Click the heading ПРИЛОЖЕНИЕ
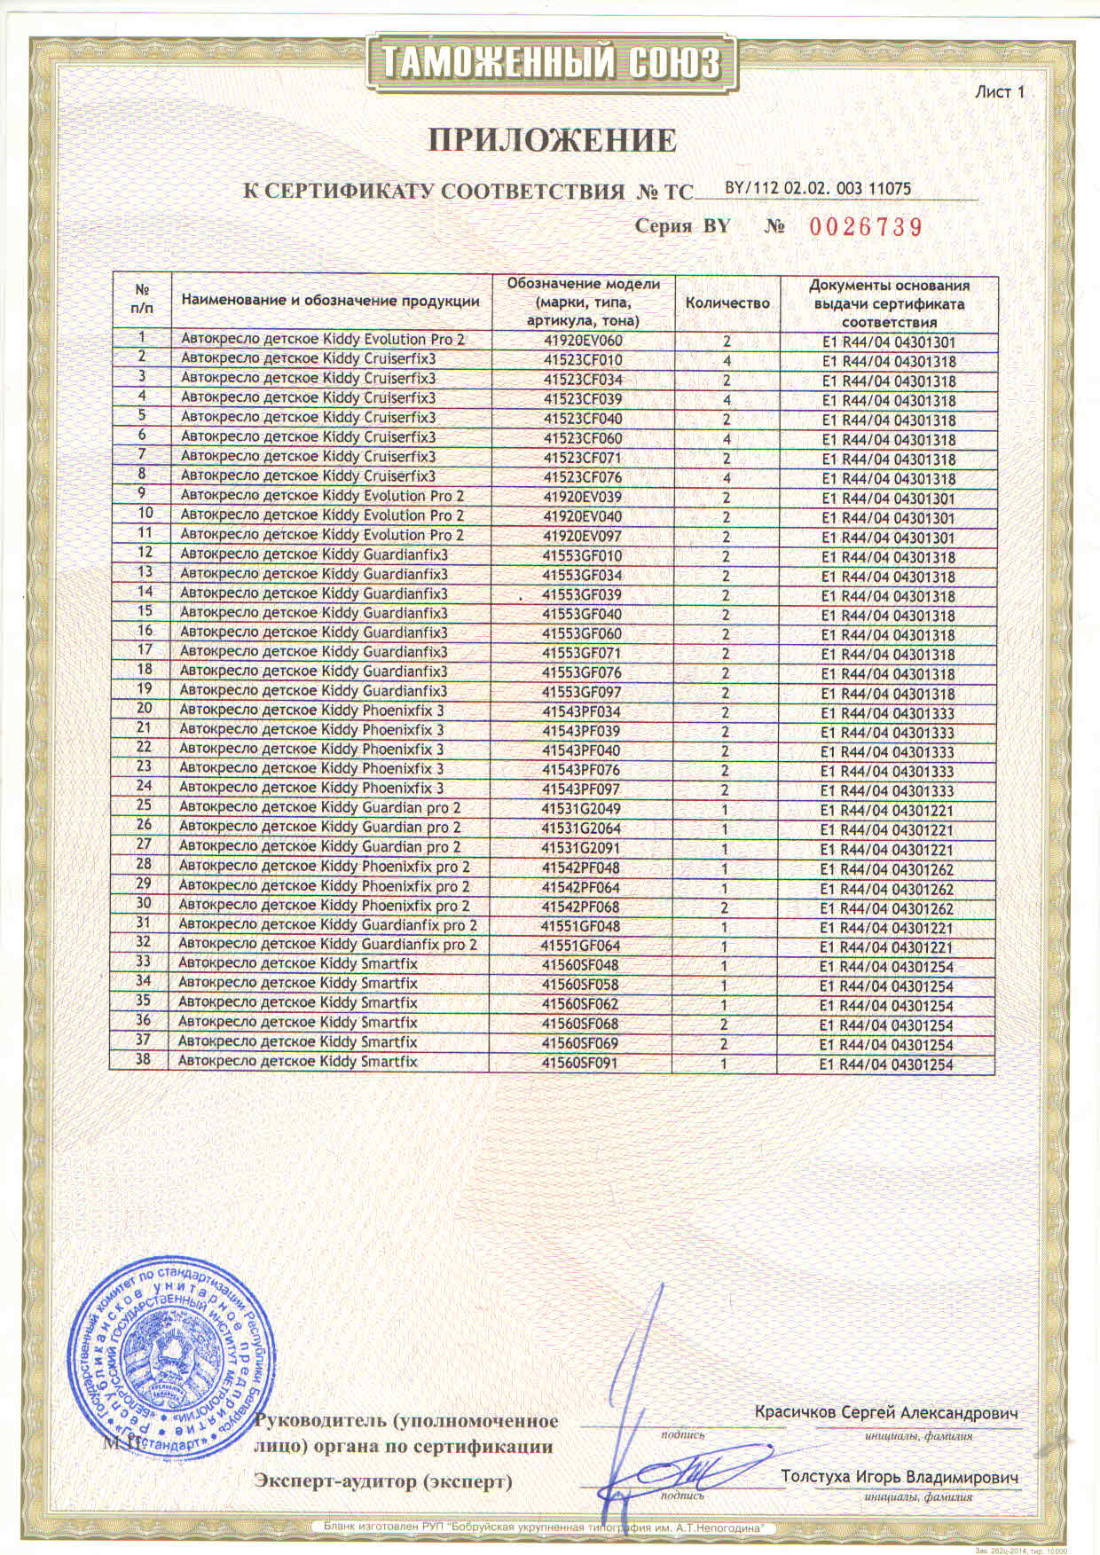(x=553, y=140)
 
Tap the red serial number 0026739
(x=865, y=226)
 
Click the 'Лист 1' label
(x=1000, y=91)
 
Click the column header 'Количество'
(x=727, y=302)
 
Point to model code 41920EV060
(x=582, y=341)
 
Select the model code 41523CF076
(x=582, y=477)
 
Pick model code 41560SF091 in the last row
(x=580, y=1063)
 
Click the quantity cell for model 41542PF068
(x=726, y=907)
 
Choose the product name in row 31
(x=327, y=925)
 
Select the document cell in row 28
(x=887, y=868)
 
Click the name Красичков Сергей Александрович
(x=886, y=1412)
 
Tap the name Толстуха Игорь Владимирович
(x=900, y=1477)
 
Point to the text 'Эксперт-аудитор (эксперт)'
(x=383, y=1481)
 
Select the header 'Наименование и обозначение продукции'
(x=329, y=301)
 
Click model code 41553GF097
(x=582, y=692)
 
